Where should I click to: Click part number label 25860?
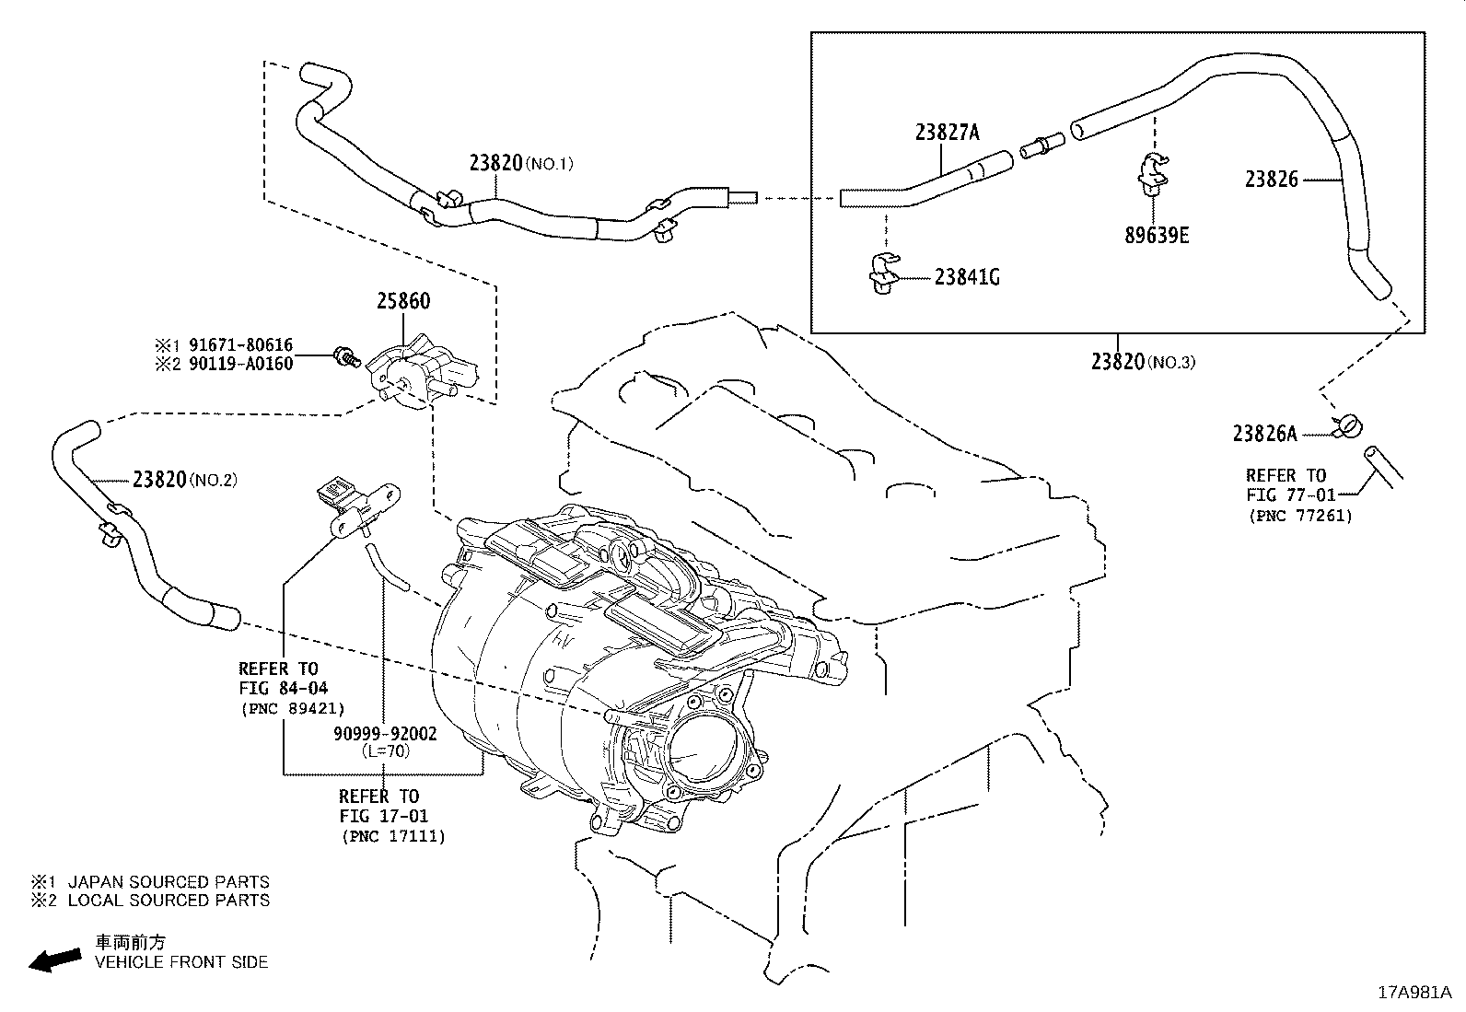coord(402,301)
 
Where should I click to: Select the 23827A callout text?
coord(947,133)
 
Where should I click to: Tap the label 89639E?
coord(1156,235)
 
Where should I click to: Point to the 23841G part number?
coord(967,276)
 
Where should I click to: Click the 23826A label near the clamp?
coord(1264,433)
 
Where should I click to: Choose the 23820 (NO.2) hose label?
coord(184,479)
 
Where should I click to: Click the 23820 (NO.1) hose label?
coord(520,163)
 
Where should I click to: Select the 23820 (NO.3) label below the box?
coord(1142,362)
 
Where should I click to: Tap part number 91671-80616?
coord(240,345)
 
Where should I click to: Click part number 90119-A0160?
coord(240,364)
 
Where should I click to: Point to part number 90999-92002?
coord(385,734)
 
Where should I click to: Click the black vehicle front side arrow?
coord(53,960)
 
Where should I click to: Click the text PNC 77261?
coord(1300,516)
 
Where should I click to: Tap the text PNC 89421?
coord(292,708)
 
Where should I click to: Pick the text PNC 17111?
coord(392,836)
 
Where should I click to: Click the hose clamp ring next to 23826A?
coord(1349,425)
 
